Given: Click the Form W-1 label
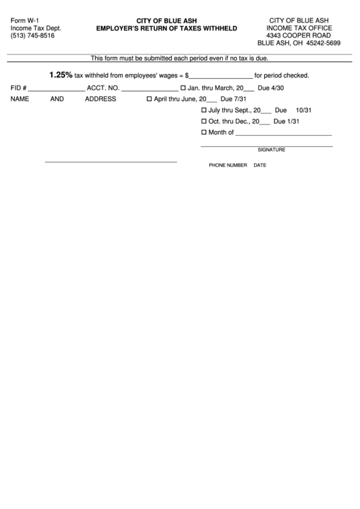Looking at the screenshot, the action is pyautogui.click(x=24, y=21).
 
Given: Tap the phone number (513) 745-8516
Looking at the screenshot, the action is pyautogui.click(x=33, y=35).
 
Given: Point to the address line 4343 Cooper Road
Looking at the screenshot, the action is pyautogui.click(x=299, y=35).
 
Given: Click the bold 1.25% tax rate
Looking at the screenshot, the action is pyautogui.click(x=60, y=75).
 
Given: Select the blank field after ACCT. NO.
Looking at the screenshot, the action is pyautogui.click(x=149, y=88).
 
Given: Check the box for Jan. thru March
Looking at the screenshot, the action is pyautogui.click(x=183, y=88).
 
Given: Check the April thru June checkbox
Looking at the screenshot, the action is pyautogui.click(x=149, y=99).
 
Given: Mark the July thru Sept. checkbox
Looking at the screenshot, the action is pyautogui.click(x=204, y=110).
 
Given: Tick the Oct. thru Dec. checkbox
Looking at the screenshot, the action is pyautogui.click(x=204, y=121).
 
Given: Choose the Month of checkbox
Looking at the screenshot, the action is pyautogui.click(x=204, y=133).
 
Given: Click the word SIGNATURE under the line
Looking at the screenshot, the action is pyautogui.click(x=271, y=150).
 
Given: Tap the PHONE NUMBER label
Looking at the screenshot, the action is pyautogui.click(x=228, y=165).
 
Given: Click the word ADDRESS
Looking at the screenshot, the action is pyautogui.click(x=101, y=99).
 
